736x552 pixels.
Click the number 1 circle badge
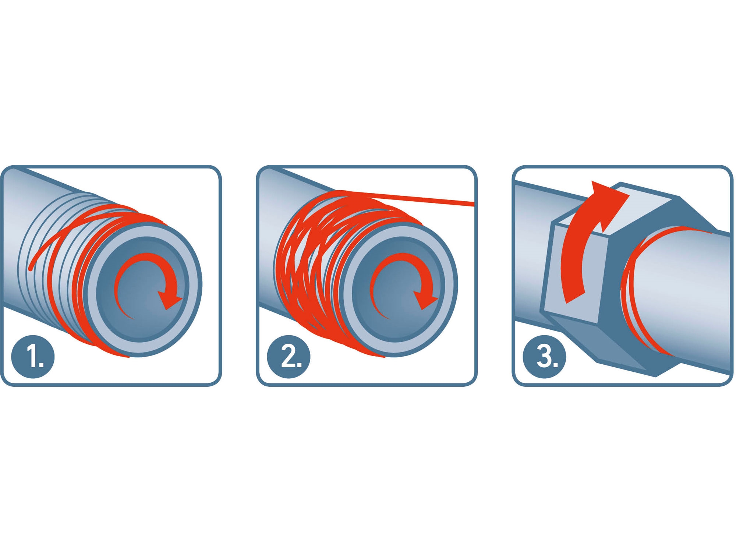(33, 357)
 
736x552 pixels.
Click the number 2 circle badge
(289, 357)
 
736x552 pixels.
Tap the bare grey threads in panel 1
(55, 258)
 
